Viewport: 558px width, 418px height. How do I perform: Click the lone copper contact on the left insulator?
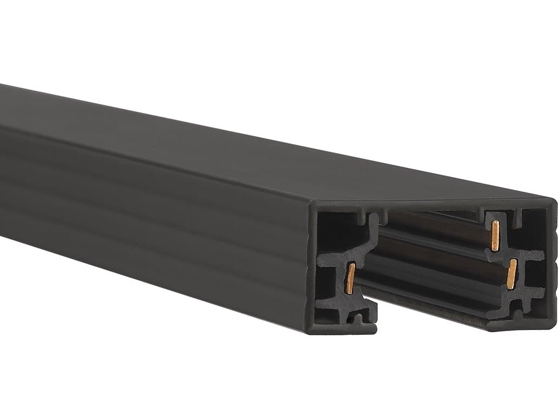(350, 279)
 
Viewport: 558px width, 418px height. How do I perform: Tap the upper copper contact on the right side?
(495, 237)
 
